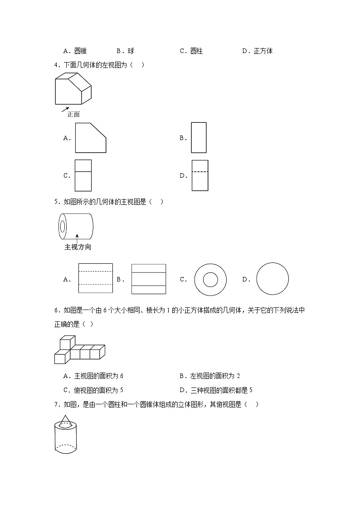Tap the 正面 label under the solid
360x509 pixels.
pyautogui.click(x=73, y=114)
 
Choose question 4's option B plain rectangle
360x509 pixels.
pyautogui.click(x=199, y=137)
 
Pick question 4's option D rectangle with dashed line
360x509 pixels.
pyautogui.click(x=200, y=175)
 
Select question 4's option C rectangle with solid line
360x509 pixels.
pyautogui.click(x=83, y=175)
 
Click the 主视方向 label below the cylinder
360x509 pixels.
pyautogui.click(x=78, y=247)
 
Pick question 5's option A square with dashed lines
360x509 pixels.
pyautogui.click(x=95, y=278)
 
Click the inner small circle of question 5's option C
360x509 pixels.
pyautogui.click(x=210, y=280)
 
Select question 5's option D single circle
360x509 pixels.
pyautogui.click(x=272, y=279)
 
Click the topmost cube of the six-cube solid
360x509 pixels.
pyautogui.click(x=67, y=343)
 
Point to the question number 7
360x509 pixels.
pyautogui.click(x=56, y=405)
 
